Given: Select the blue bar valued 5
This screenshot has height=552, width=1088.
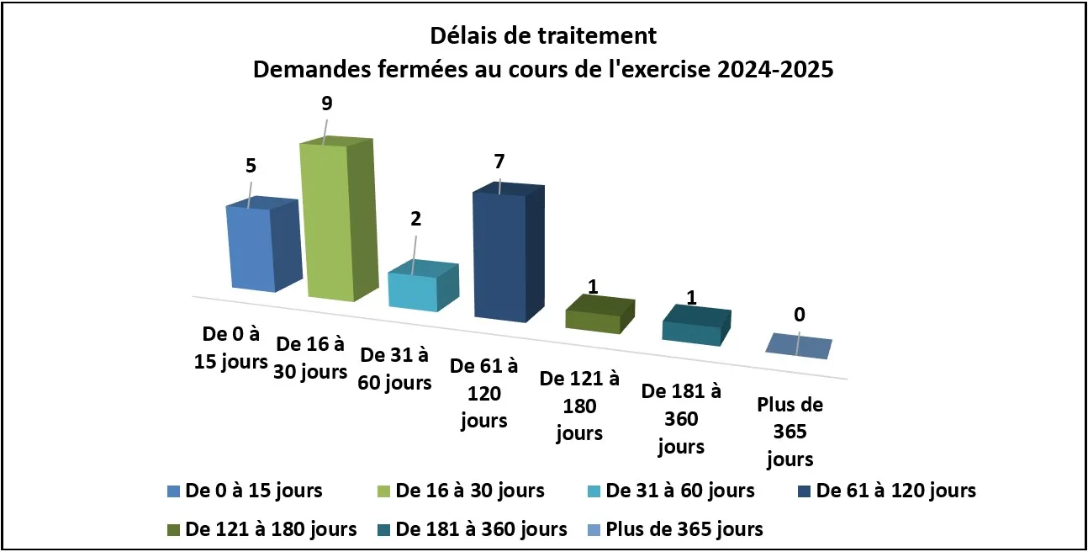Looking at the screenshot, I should (251, 248).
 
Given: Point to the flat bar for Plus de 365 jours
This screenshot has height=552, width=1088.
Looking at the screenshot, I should (799, 346).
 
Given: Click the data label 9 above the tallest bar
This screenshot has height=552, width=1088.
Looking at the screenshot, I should (326, 103).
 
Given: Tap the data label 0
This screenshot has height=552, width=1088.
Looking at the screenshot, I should (800, 315).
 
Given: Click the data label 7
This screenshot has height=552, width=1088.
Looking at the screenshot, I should (499, 161).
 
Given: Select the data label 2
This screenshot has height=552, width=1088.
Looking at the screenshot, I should (415, 219).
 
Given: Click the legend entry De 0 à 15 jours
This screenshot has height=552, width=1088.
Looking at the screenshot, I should (253, 490).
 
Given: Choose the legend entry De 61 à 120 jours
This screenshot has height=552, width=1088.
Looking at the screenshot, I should (895, 490).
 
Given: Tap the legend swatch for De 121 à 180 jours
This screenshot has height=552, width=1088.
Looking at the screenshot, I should (174, 530).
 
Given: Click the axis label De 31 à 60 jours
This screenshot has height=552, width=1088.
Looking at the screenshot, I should (395, 368).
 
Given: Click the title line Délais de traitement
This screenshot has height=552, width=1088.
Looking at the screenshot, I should (543, 36).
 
